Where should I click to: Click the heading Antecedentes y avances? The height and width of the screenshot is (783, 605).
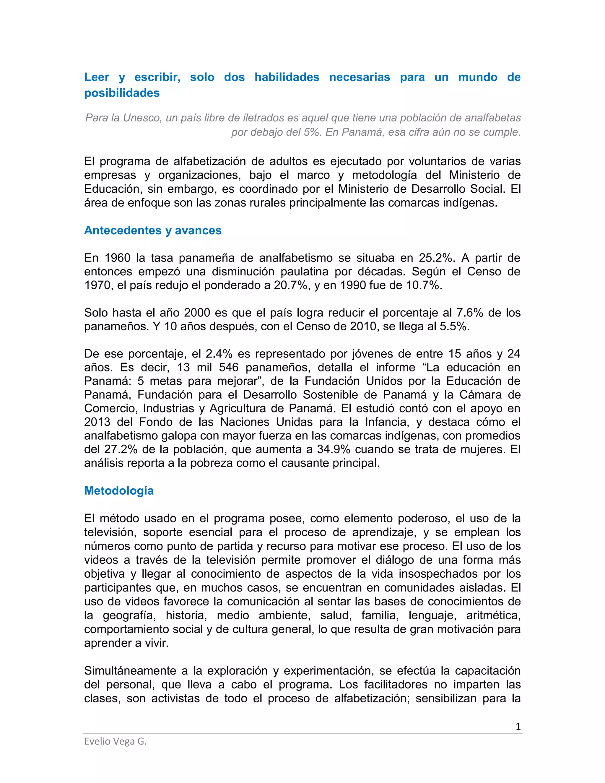[x=153, y=230]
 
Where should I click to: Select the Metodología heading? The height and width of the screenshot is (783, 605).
[x=119, y=490]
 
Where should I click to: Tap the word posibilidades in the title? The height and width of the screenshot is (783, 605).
[x=122, y=93]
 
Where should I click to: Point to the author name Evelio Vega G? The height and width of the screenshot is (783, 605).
[x=116, y=741]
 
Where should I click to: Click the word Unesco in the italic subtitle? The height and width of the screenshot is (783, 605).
[x=142, y=118]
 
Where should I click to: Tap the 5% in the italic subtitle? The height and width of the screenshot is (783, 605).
[x=312, y=132]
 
